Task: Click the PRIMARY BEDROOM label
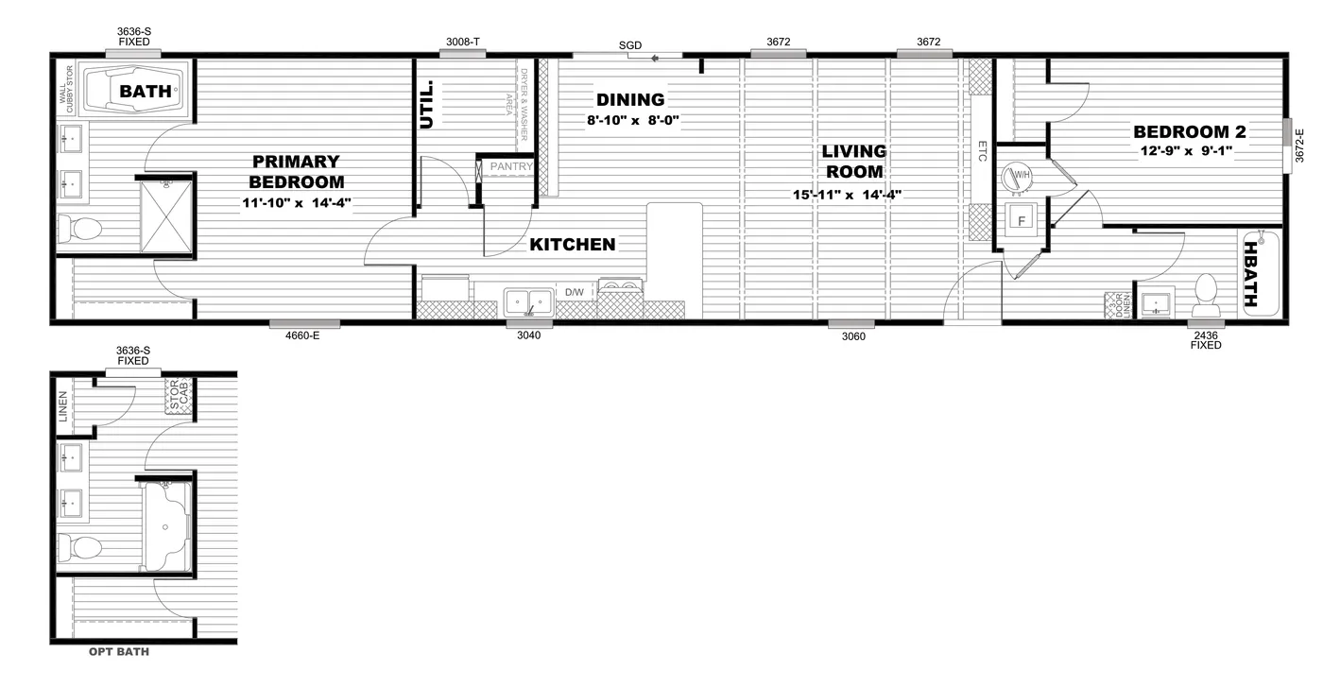click(x=296, y=172)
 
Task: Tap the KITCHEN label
click(x=572, y=245)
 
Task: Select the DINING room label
click(x=630, y=99)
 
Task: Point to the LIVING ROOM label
click(x=853, y=162)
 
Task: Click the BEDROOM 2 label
click(x=1189, y=132)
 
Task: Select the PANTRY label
click(x=511, y=167)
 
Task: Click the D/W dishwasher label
click(x=575, y=293)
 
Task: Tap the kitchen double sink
click(x=528, y=301)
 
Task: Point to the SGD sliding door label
click(x=629, y=45)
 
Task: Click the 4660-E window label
click(x=302, y=335)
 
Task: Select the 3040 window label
click(x=529, y=335)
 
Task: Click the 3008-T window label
click(x=463, y=42)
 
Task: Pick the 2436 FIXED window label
click(x=1206, y=340)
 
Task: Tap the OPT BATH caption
click(x=118, y=652)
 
